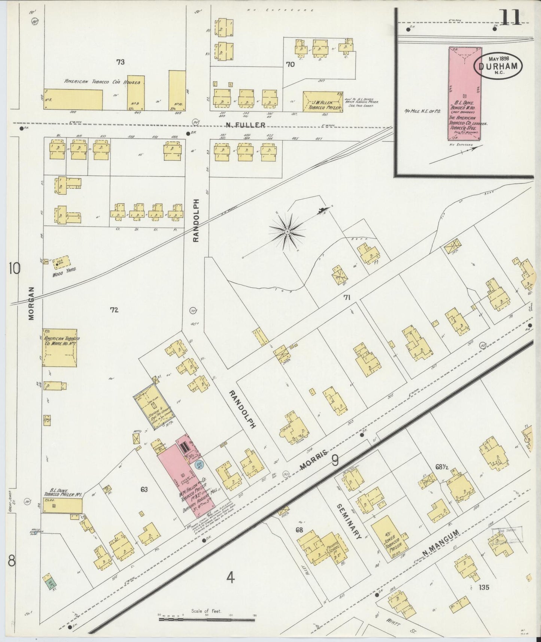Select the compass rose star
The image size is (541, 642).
[x=287, y=232]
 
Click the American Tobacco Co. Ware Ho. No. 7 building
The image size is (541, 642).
[x=60, y=347]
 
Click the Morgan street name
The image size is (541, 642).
[x=31, y=303]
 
